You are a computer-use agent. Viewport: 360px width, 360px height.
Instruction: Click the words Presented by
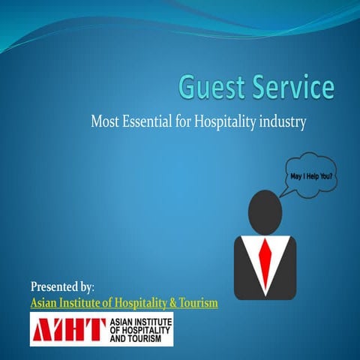[x=61, y=286]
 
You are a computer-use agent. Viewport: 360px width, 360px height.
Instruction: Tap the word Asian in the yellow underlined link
[x=45, y=303]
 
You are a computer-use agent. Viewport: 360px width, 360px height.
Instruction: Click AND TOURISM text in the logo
[x=140, y=337]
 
